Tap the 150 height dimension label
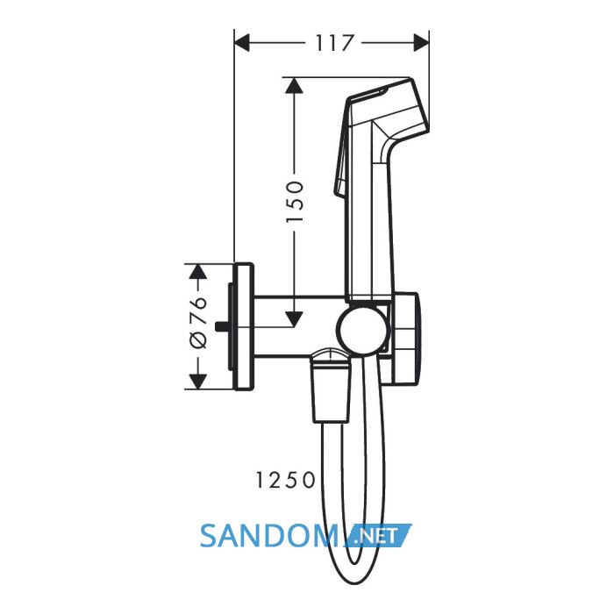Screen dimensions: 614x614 (295, 202)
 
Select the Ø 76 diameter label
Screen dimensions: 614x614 (197, 322)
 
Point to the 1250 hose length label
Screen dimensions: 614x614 (285, 480)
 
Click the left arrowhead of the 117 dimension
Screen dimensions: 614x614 (241, 43)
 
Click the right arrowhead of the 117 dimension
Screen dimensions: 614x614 (421, 43)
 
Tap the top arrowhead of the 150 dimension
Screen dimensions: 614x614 (294, 85)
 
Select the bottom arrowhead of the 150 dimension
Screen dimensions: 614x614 (294, 319)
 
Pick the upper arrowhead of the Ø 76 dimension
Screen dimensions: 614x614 (197, 271)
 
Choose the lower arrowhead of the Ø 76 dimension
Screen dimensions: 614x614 (197, 382)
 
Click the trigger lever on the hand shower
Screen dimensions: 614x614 (340, 149)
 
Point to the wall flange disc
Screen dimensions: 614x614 (243, 326)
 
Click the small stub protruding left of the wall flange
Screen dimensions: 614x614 (221, 326)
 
